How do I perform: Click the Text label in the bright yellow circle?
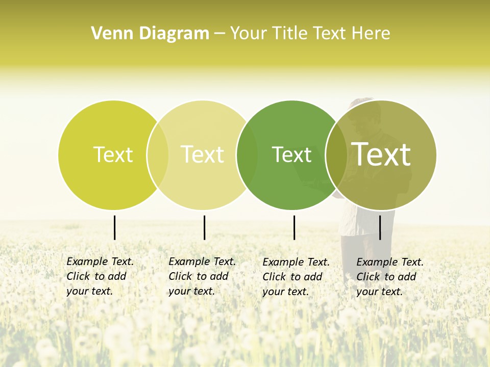(x=113, y=154)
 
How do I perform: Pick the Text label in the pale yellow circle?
(x=202, y=154)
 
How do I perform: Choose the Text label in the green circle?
(x=291, y=154)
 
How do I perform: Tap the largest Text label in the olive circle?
(x=381, y=154)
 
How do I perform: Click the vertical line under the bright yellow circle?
(x=114, y=227)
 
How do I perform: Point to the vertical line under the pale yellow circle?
(x=204, y=227)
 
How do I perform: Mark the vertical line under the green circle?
(x=294, y=227)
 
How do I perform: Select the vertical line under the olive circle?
(x=380, y=227)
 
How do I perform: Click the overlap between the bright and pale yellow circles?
(x=158, y=154)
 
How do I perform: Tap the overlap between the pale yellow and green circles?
(x=247, y=154)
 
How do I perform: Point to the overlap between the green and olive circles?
(x=336, y=154)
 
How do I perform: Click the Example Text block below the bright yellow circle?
(x=100, y=276)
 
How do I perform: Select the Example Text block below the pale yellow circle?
(x=202, y=276)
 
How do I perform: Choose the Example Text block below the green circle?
(x=296, y=277)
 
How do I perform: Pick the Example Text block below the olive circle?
(x=389, y=277)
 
